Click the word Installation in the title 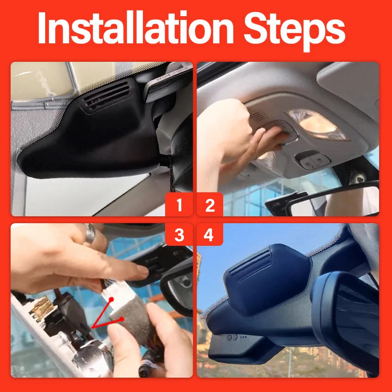(136, 28)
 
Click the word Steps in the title (294, 31)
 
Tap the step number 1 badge (179, 204)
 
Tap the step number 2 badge (210, 204)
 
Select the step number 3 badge (179, 234)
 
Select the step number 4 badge (209, 234)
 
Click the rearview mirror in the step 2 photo (333, 200)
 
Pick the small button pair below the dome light (312, 160)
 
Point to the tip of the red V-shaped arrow (92, 327)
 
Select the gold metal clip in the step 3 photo (42, 307)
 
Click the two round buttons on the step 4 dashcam (232, 338)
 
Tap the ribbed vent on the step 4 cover (250, 265)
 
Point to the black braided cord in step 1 (171, 172)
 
